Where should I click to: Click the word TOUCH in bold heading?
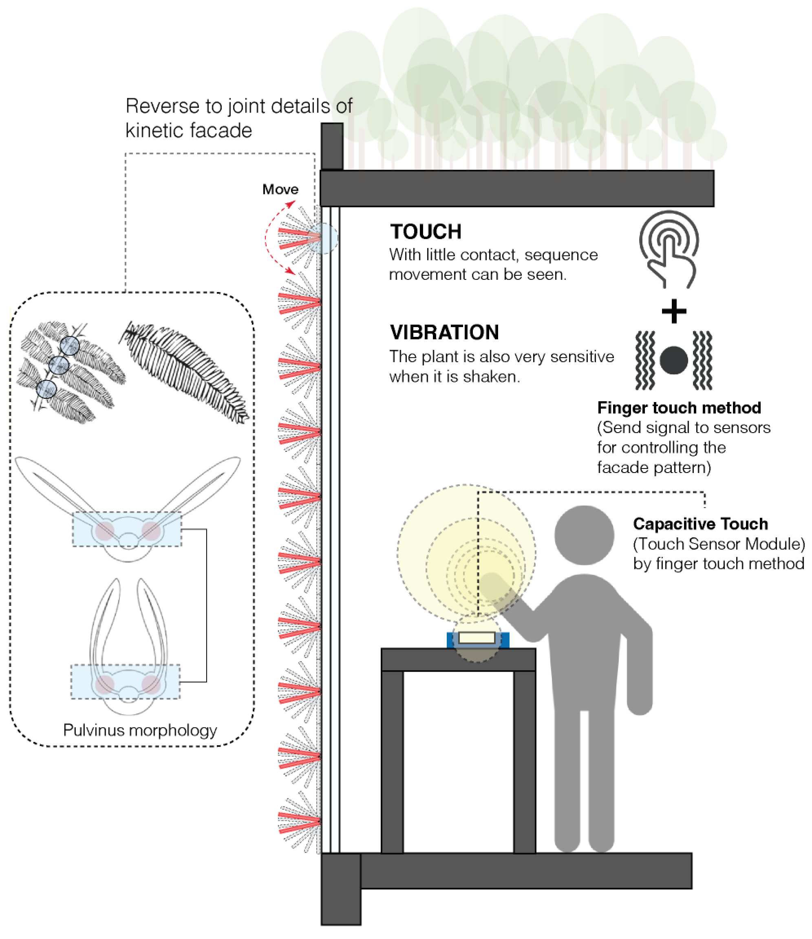click(426, 232)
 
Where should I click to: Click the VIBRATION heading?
click(444, 333)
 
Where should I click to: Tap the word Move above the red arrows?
click(280, 189)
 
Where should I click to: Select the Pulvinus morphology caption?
click(140, 730)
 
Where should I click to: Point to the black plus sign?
click(674, 311)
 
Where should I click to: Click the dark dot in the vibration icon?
click(674, 360)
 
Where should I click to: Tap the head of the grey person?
click(584, 535)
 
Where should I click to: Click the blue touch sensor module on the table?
click(477, 639)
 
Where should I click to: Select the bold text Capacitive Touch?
click(700, 524)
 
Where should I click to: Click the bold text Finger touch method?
click(679, 408)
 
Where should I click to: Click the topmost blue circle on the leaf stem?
click(70, 346)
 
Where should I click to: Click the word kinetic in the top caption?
click(152, 131)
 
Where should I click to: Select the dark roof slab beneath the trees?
click(517, 189)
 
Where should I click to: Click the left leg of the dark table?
click(392, 761)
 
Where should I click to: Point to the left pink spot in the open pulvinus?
click(105, 531)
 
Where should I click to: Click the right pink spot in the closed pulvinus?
click(151, 684)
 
